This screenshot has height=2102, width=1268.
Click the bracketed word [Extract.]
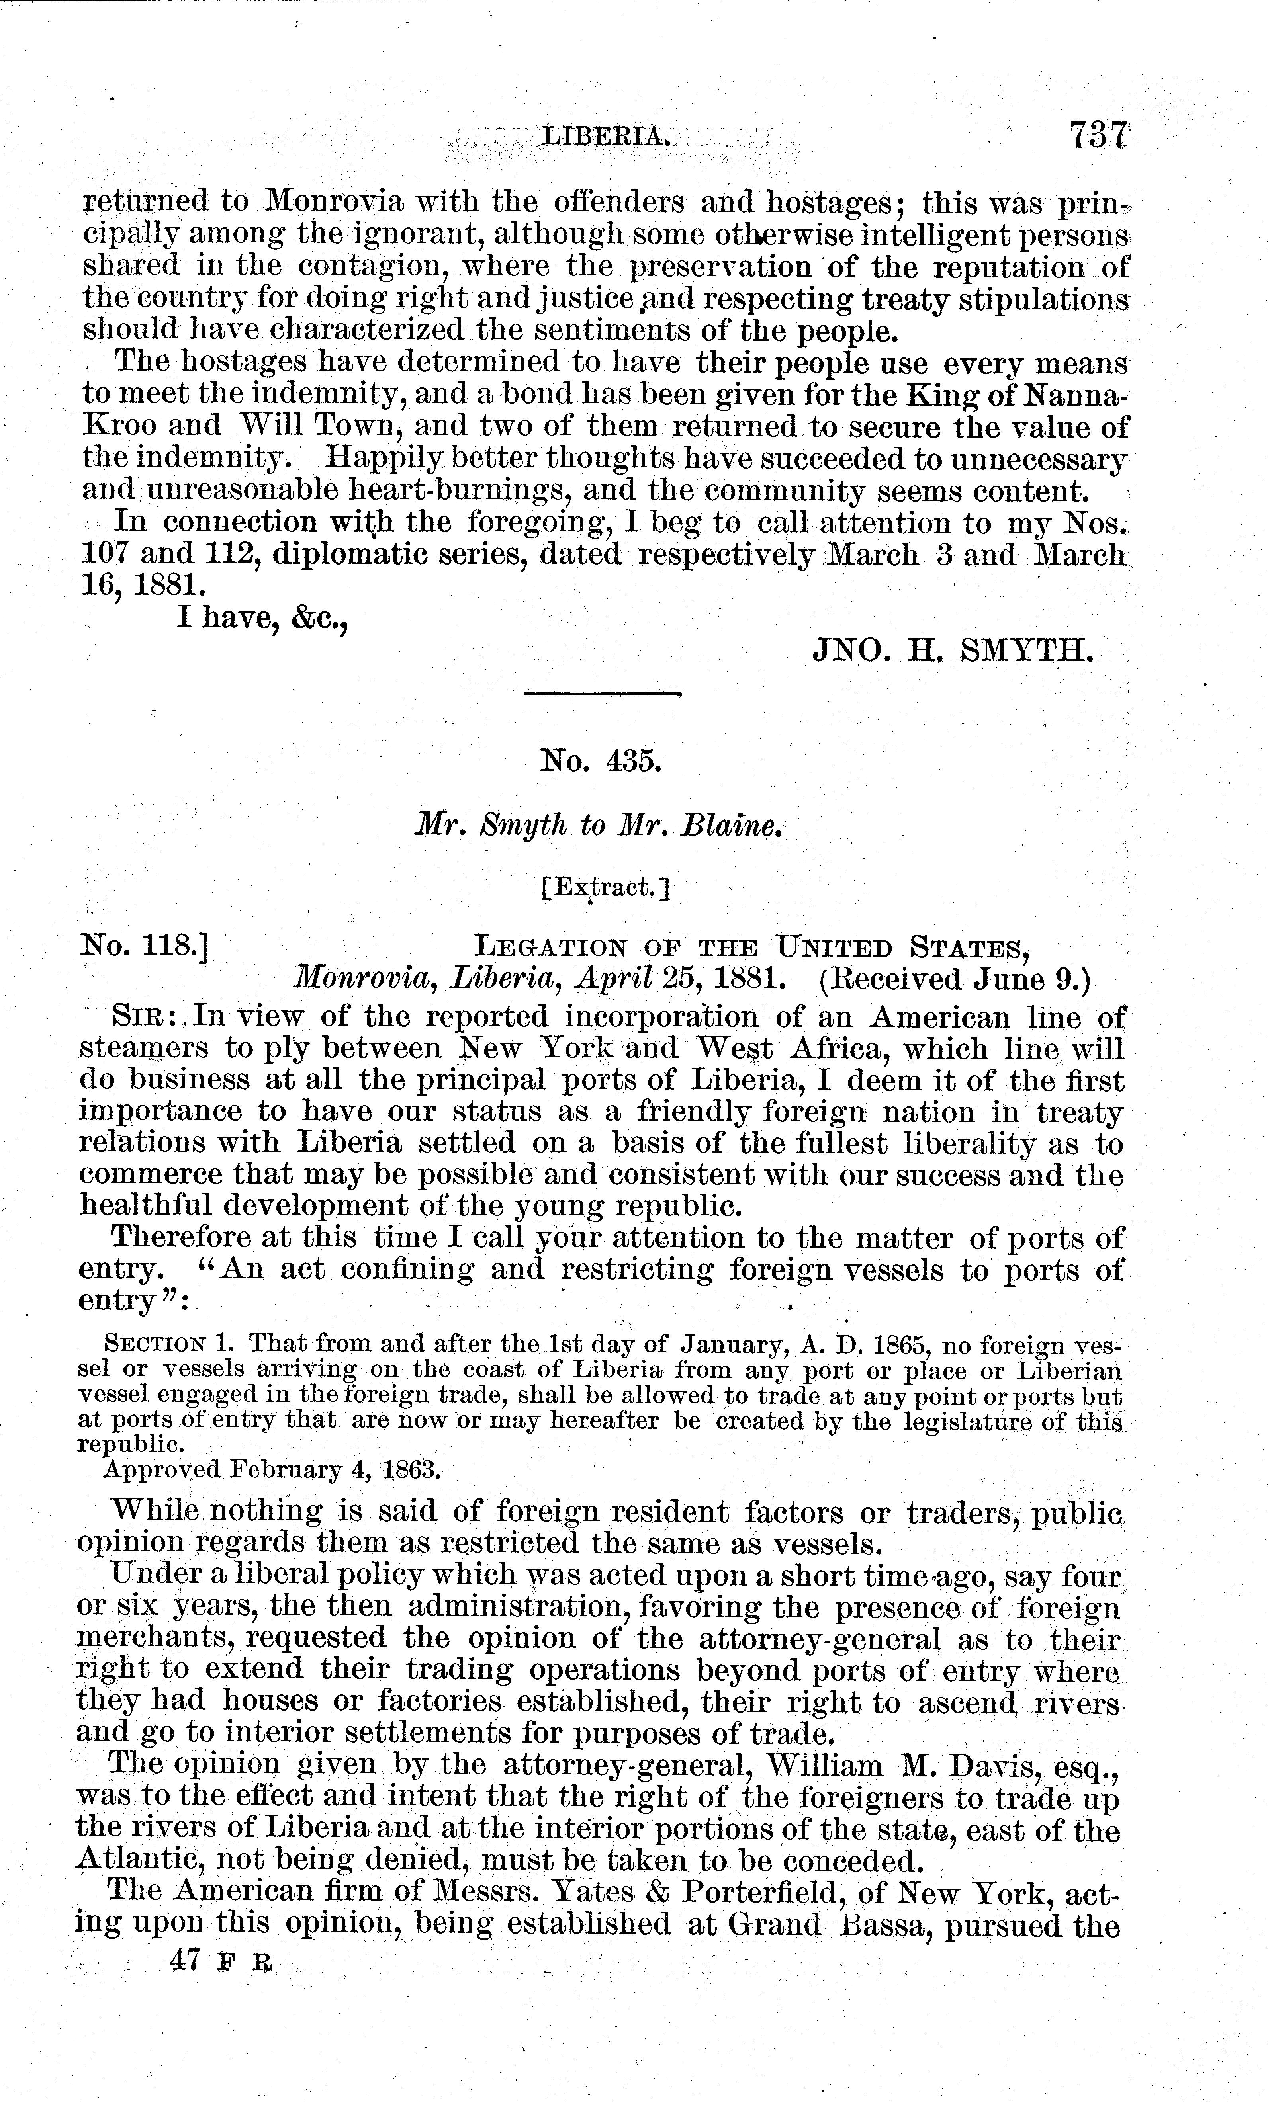(605, 888)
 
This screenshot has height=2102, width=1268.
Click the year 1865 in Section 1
(905, 1345)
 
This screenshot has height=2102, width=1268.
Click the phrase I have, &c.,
(261, 619)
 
